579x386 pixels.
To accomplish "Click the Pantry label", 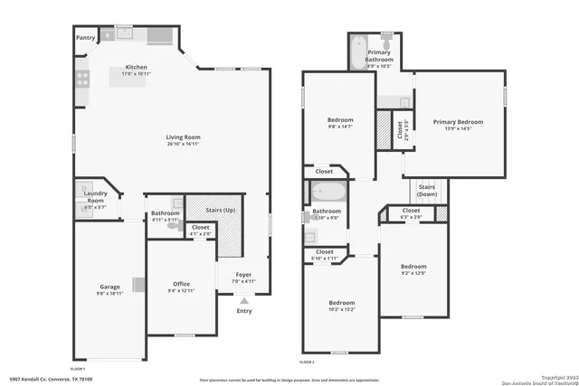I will coord(85,38).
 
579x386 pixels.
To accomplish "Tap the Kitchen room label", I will coord(136,69).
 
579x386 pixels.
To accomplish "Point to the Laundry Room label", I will coord(96,197).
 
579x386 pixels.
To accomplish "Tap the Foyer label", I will coord(244,275).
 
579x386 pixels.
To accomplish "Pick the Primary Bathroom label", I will coord(379,57).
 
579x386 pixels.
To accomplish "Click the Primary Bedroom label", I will coord(458,122).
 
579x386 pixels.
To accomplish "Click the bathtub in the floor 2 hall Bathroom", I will coord(327,192).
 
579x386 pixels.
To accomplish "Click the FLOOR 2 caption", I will coord(308,362).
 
